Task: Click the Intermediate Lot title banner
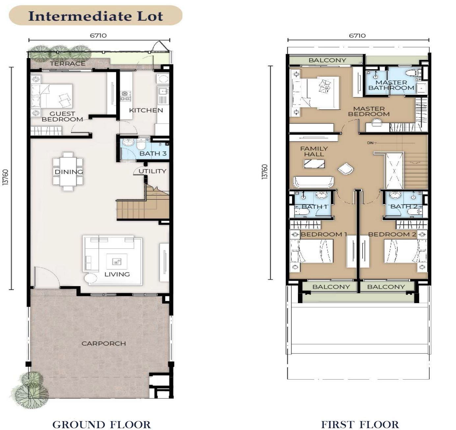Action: pyautogui.click(x=95, y=15)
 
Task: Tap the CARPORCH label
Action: pyautogui.click(x=104, y=344)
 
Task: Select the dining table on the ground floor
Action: pyautogui.click(x=68, y=171)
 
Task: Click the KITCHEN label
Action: pyautogui.click(x=146, y=110)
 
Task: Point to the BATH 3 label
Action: pyautogui.click(x=153, y=153)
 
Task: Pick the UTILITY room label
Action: pyautogui.click(x=152, y=171)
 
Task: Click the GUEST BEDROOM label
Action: pyautogui.click(x=62, y=116)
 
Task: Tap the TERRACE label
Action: pyautogui.click(x=67, y=64)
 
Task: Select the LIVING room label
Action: pyautogui.click(x=117, y=274)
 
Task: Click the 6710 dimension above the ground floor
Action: pyautogui.click(x=98, y=35)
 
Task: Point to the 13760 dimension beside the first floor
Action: pyautogui.click(x=264, y=171)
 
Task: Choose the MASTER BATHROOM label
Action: pyautogui.click(x=391, y=85)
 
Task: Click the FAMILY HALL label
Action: pyautogui.click(x=314, y=151)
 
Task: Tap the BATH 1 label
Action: pyautogui.click(x=314, y=207)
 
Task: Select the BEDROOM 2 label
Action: pyautogui.click(x=392, y=234)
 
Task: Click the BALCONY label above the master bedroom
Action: pyautogui.click(x=327, y=60)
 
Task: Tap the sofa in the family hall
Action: pyautogui.click(x=314, y=182)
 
